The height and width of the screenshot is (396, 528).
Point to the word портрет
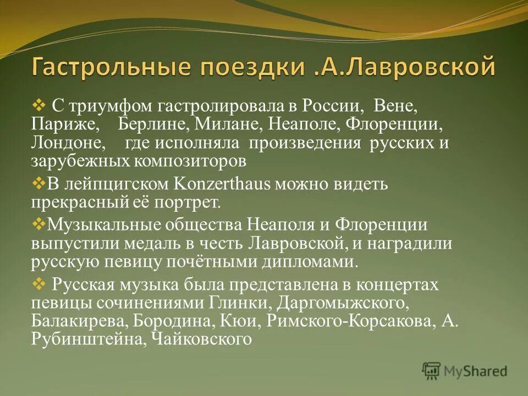pyautogui.click(x=190, y=202)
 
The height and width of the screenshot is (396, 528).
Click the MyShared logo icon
pyautogui.click(x=432, y=371)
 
